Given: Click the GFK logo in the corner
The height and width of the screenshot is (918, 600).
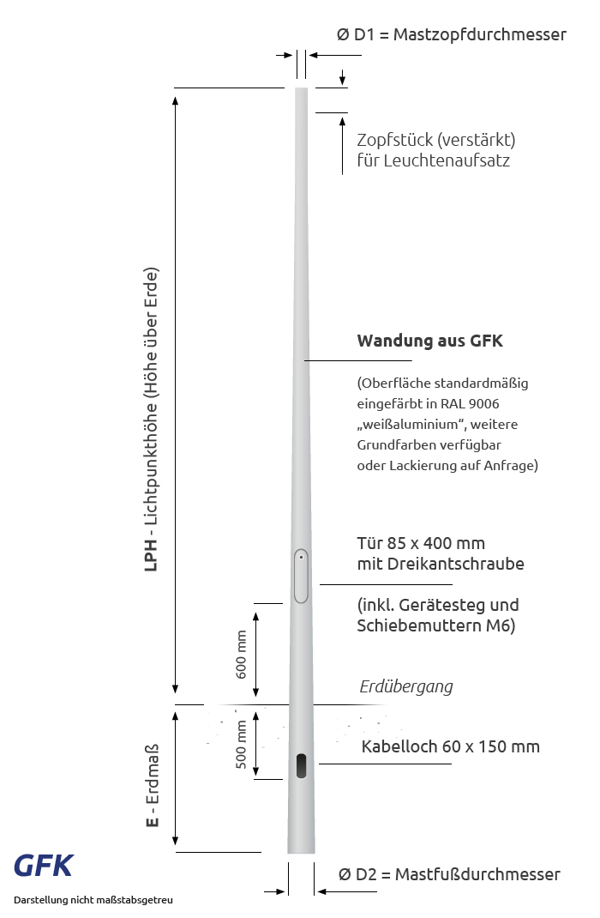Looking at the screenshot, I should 43,866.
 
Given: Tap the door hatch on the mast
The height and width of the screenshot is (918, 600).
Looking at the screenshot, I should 301,577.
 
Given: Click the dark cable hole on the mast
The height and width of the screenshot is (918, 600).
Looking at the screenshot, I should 301,765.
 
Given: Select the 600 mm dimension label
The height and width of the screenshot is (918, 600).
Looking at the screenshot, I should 242,654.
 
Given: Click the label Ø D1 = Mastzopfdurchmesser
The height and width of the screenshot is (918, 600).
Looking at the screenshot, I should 452,35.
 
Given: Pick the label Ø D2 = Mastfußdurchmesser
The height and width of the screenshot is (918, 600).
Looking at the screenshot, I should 449,874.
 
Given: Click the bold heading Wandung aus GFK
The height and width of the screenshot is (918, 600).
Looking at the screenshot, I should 429,341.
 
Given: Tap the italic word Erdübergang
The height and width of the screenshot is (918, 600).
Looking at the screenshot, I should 405,686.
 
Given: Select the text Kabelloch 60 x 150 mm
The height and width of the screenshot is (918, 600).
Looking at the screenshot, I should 451,746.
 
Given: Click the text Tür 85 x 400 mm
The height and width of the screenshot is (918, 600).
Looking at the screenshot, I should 421,543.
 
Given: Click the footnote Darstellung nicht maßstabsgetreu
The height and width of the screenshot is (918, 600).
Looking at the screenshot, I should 93,900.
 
